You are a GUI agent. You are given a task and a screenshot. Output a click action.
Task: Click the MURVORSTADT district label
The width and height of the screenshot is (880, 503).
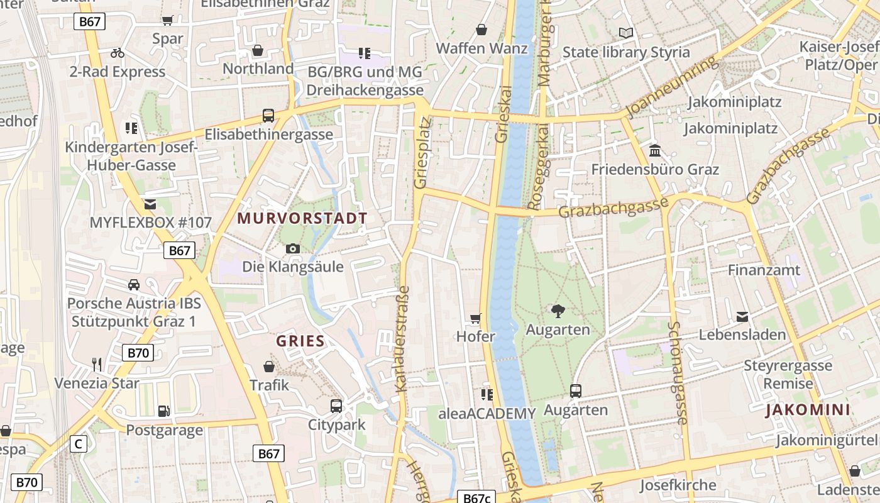coord(302,219)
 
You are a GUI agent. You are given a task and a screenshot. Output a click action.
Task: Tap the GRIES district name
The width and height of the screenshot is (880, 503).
coord(300,341)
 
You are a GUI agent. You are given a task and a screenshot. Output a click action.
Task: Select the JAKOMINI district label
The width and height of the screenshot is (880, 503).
coord(808,411)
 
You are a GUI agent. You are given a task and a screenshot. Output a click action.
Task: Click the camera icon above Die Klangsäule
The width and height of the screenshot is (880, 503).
coord(293,248)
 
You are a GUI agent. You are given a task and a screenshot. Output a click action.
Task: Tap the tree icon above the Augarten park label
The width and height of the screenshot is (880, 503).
coord(558,311)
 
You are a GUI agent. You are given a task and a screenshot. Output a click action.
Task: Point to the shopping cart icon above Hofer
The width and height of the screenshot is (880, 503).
coord(476,319)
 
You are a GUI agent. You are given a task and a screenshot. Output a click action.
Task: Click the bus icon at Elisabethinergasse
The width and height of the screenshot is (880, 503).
coord(268,116)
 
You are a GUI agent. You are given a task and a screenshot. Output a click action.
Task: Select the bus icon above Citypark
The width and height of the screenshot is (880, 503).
coord(336,406)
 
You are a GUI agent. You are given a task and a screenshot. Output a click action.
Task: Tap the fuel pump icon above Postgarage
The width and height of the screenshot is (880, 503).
coord(163,411)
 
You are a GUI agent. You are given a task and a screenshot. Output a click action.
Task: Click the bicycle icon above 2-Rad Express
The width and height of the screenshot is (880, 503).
coord(118,53)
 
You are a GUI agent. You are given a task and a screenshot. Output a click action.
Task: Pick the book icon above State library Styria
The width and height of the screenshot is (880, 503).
coord(625,33)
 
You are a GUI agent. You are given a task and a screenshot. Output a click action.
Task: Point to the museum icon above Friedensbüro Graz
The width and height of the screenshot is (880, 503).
coord(655,151)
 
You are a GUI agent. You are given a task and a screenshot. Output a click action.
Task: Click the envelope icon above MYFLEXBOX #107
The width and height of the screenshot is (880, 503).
coord(150,204)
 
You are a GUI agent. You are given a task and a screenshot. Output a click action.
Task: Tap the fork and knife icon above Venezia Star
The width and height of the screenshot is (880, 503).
coord(97,365)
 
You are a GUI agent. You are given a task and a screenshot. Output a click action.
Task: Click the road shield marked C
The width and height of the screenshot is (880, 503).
coord(78,444)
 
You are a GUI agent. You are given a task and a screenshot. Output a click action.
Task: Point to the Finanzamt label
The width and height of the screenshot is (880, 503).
coord(764,270)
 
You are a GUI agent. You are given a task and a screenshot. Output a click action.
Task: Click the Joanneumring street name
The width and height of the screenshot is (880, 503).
coord(673,86)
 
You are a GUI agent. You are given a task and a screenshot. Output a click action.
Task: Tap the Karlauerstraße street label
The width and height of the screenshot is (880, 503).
coord(403,339)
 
